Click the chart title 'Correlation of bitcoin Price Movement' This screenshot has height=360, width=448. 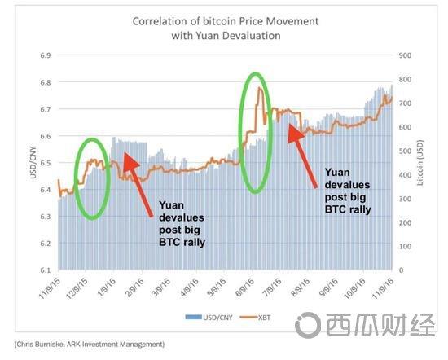226,21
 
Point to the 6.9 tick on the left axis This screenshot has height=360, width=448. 46,55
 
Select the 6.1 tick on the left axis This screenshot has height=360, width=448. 46,270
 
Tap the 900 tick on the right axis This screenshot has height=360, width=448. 405,55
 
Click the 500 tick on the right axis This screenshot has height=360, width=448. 405,151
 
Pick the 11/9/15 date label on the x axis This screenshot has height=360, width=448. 50,288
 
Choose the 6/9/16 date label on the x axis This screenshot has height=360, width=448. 244,288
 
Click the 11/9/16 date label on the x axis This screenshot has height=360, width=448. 383,288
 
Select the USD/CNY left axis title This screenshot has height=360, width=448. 33,163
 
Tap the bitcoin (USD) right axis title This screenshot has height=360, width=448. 419,163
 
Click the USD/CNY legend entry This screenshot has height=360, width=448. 209,318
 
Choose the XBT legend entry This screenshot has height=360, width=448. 255,318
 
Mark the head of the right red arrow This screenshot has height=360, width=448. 294,132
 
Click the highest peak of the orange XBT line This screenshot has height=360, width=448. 259,87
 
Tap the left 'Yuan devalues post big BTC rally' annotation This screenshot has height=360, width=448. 182,224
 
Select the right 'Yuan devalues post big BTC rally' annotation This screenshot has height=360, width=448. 348,191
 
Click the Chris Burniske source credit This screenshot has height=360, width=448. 90,344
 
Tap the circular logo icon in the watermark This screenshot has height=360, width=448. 308,325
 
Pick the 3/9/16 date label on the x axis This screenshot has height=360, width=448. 161,288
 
